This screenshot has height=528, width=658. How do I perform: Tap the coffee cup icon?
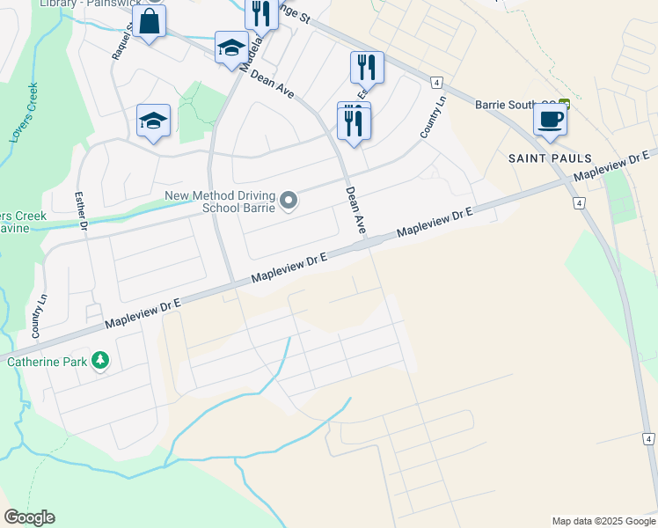click(550, 119)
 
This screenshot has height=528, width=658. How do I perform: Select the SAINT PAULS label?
click(550, 158)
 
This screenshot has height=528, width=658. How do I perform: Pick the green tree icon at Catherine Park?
click(101, 361)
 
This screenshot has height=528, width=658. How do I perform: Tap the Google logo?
click(29, 517)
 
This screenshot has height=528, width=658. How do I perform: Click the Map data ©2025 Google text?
click(603, 521)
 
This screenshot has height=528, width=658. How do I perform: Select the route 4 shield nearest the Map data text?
click(647, 438)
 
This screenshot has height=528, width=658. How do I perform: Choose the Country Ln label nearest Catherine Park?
click(39, 317)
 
